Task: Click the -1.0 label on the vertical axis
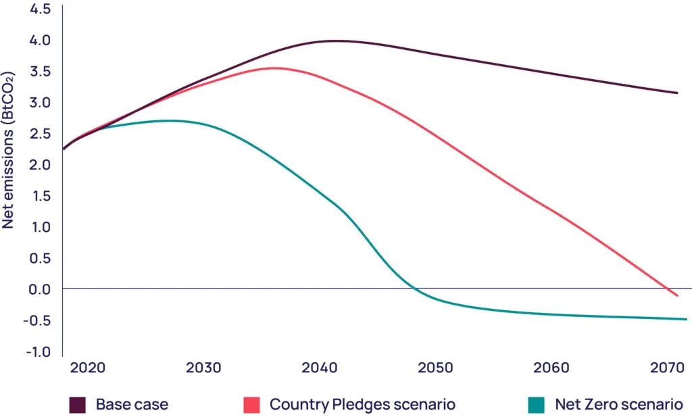click(38, 351)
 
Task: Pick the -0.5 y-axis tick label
click(38, 320)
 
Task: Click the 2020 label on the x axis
click(87, 368)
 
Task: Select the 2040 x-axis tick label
click(319, 368)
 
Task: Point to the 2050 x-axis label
click(435, 368)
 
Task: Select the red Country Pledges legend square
click(251, 405)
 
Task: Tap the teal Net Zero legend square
click(537, 405)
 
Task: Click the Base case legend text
click(132, 405)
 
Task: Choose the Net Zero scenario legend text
click(618, 405)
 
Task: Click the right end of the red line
click(677, 295)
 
